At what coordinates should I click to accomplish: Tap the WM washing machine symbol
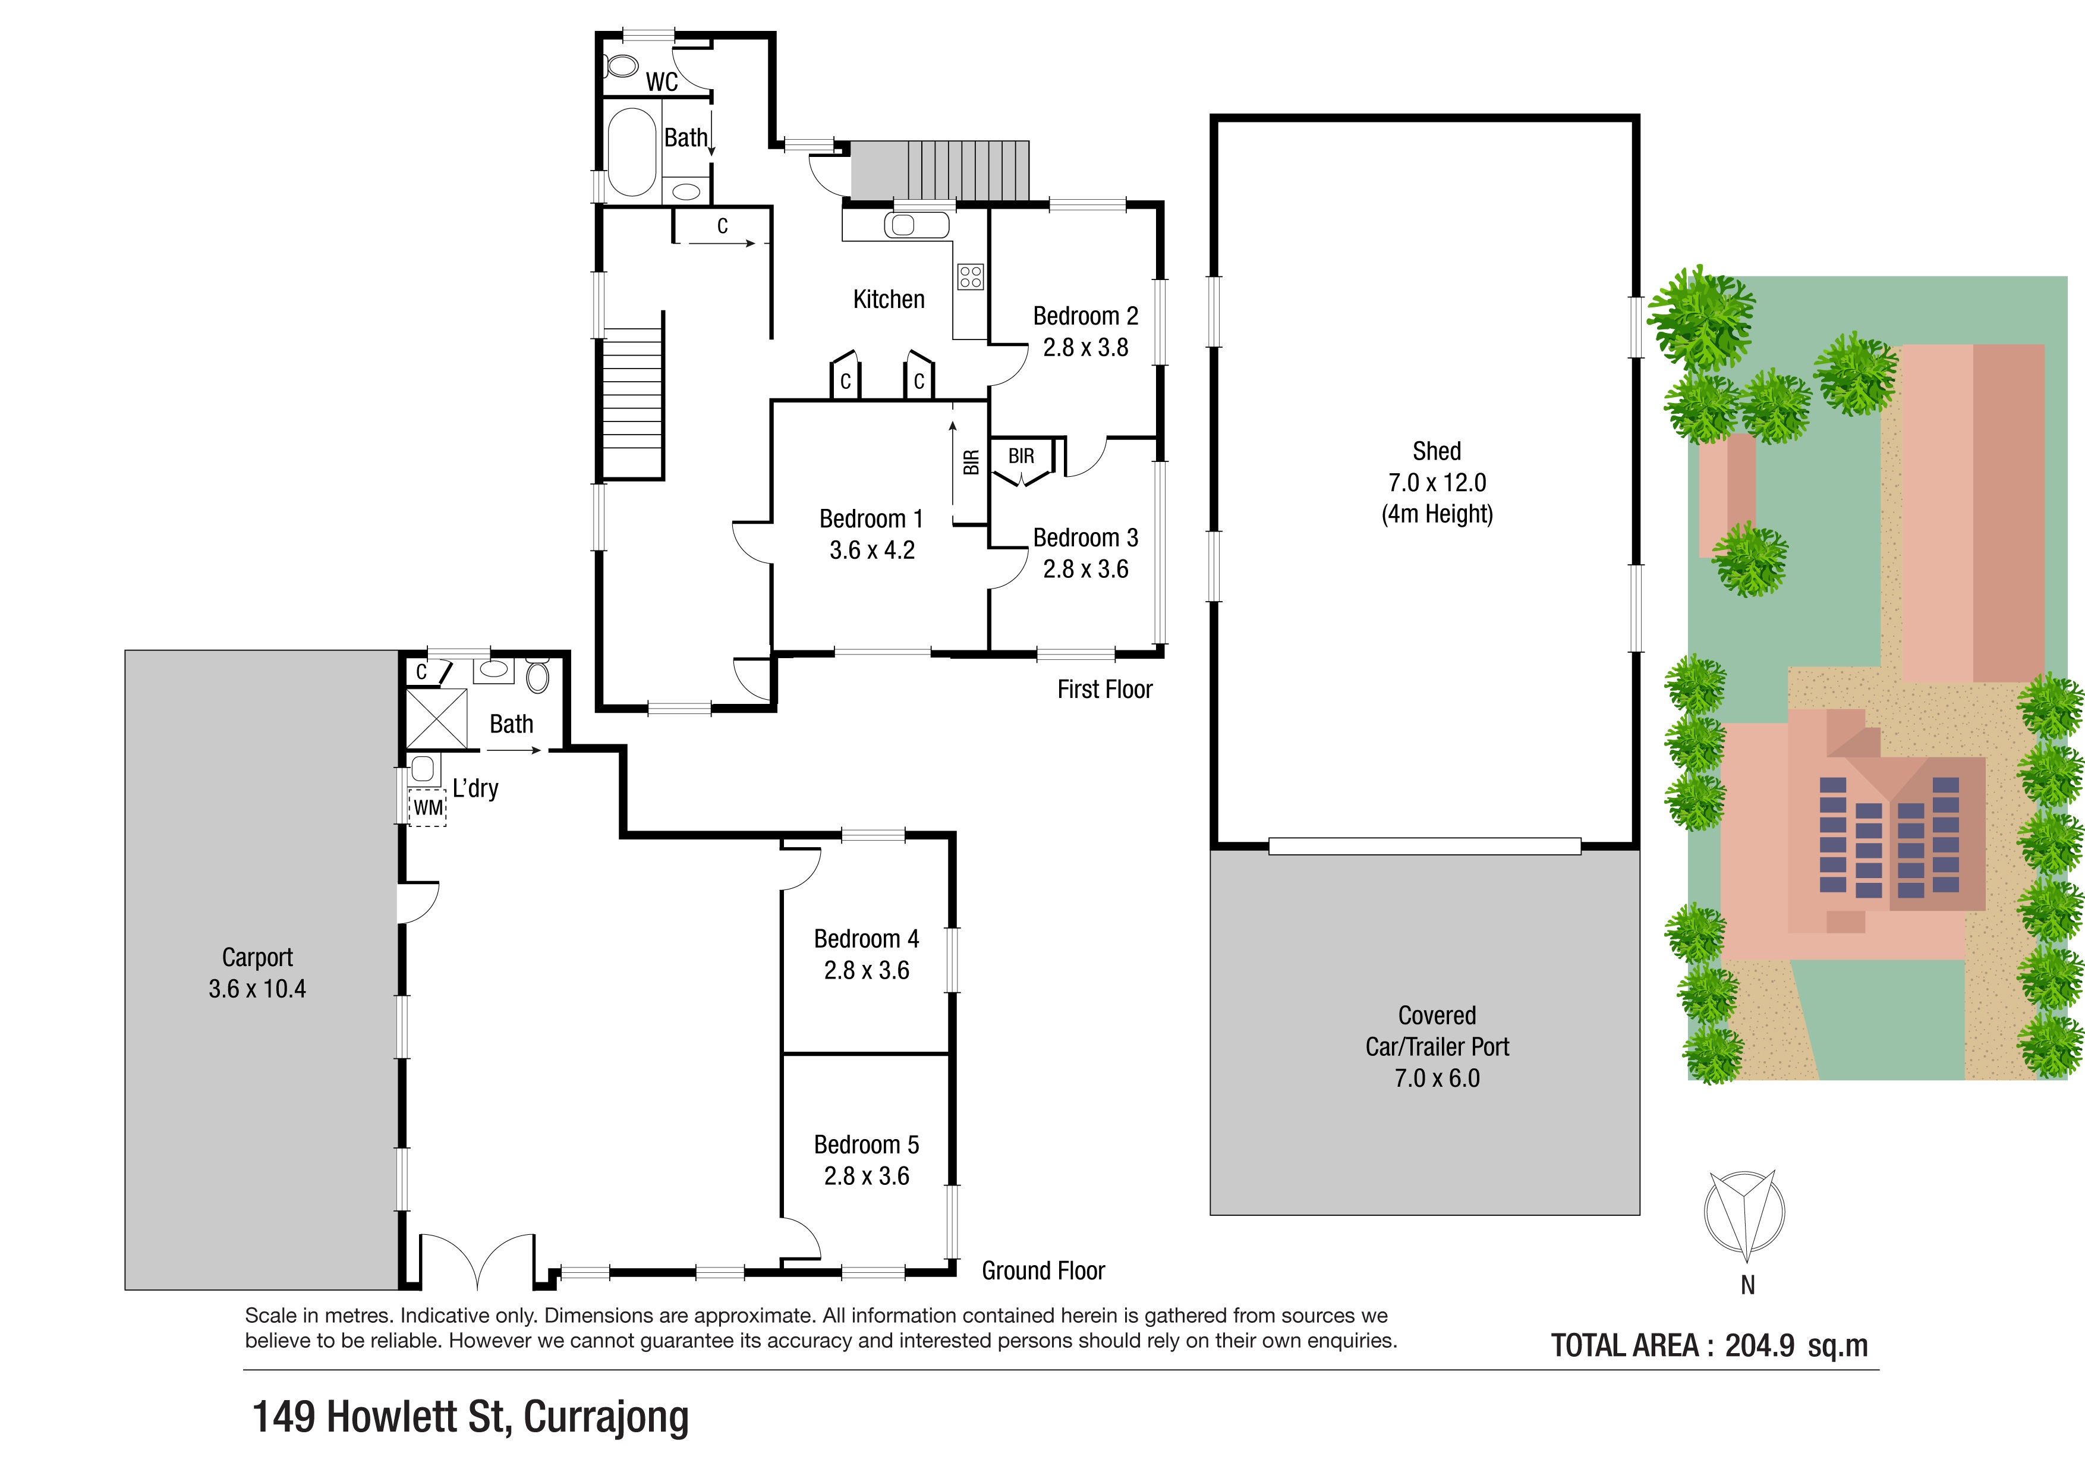coord(428,807)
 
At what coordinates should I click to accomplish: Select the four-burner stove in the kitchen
coord(970,276)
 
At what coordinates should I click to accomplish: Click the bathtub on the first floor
coord(631,152)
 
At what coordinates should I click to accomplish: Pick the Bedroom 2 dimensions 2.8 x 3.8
coord(1085,347)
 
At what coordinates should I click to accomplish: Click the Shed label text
coord(1437,451)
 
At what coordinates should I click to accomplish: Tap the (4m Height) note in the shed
coord(1437,514)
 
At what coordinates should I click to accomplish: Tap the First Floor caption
coord(1104,690)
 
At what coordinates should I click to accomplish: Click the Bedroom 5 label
coord(867,1144)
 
